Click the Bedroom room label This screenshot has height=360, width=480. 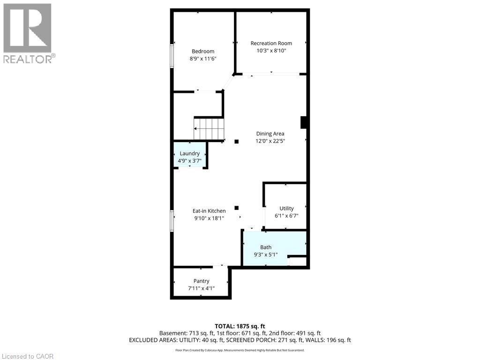click(x=203, y=52)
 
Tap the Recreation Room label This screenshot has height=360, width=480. click(x=271, y=44)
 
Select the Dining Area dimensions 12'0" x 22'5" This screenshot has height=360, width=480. click(x=270, y=141)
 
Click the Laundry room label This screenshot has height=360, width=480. click(x=189, y=153)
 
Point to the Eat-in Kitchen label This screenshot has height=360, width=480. click(x=209, y=211)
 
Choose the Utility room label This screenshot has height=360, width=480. click(x=286, y=209)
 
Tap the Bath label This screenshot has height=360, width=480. click(x=266, y=247)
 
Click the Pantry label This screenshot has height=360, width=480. click(x=201, y=281)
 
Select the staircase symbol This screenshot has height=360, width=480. click(x=209, y=128)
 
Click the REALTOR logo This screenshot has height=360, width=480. click(x=28, y=33)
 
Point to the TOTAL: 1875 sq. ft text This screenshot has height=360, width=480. click(x=240, y=326)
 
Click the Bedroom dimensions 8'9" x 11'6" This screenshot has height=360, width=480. click(x=203, y=59)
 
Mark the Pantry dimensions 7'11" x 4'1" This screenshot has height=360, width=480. click(x=201, y=288)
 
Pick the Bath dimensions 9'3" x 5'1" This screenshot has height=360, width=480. click(x=266, y=255)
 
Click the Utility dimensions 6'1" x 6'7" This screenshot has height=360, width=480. click(x=286, y=216)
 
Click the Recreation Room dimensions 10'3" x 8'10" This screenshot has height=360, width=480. click(x=271, y=51)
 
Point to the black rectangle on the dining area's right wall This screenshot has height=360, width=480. click(x=303, y=122)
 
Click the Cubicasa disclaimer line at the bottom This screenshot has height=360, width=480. click(x=240, y=350)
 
